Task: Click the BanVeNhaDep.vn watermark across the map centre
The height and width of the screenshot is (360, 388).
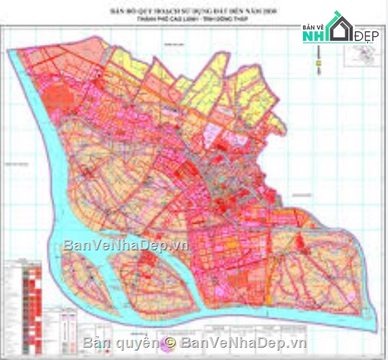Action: [125, 245]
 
